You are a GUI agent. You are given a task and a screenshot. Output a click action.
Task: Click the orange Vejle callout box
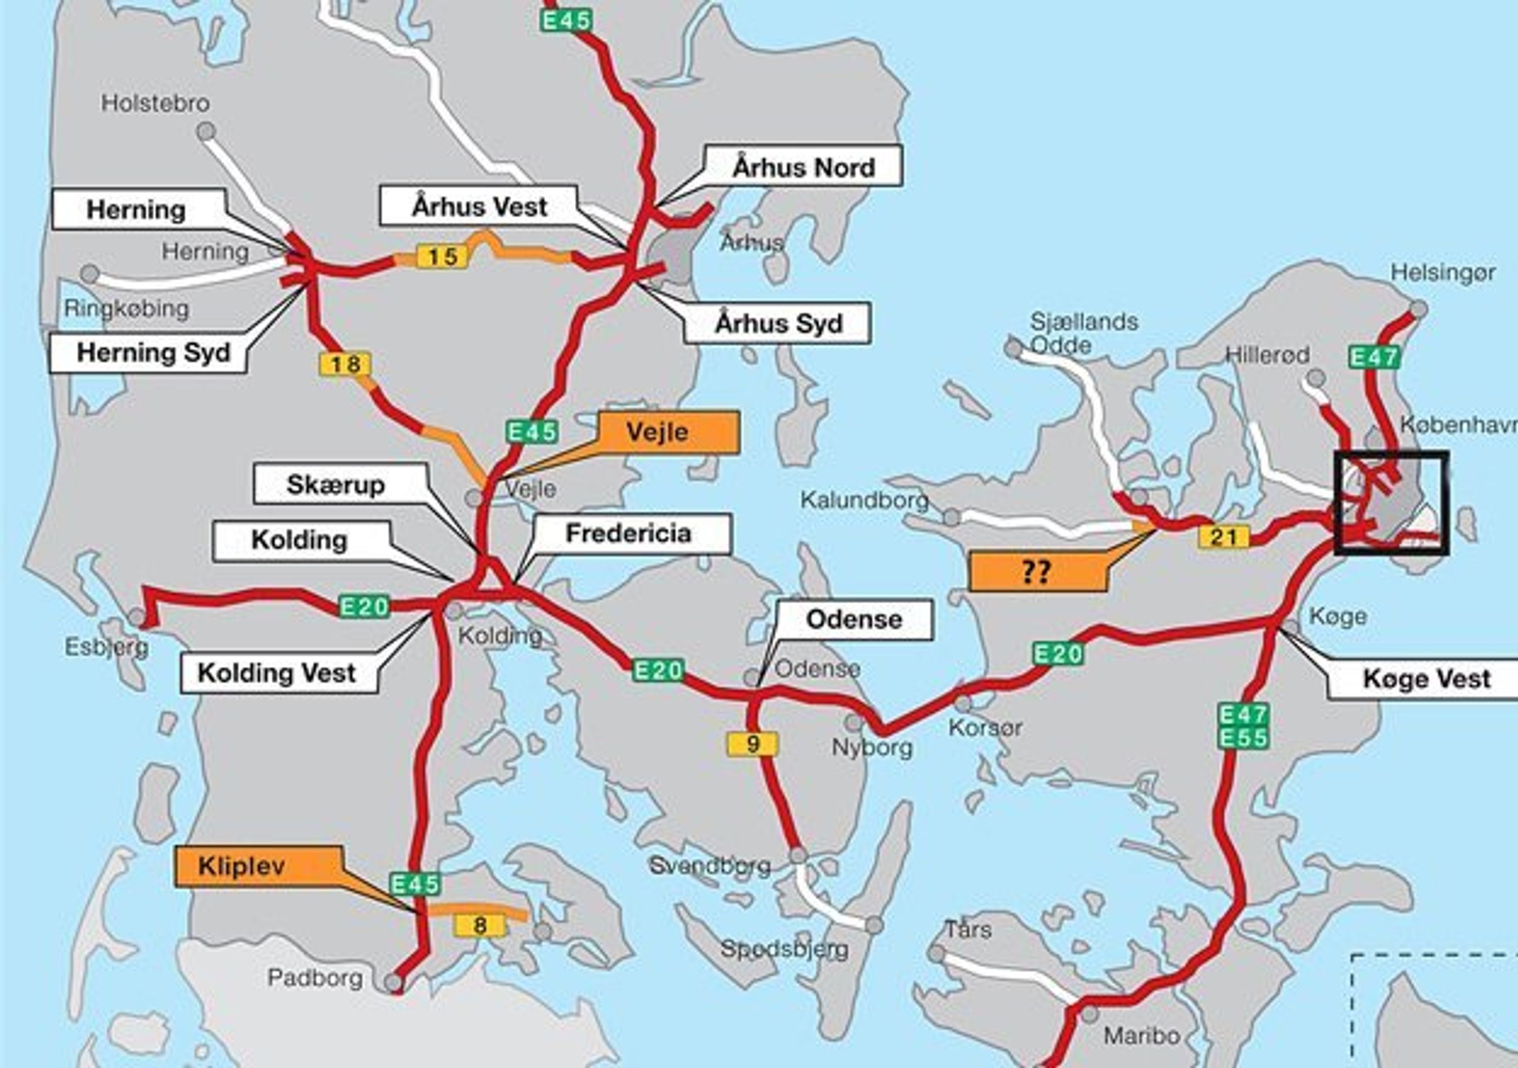coord(668,432)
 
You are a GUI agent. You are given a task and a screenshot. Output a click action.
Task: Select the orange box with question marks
coord(1036,572)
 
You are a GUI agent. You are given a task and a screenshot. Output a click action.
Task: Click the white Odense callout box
coord(854,620)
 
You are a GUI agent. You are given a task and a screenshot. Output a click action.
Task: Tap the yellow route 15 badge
coord(441,256)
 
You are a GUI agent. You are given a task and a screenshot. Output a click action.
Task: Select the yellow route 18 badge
coord(345,364)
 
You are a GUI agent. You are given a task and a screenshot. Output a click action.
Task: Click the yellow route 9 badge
coord(752,744)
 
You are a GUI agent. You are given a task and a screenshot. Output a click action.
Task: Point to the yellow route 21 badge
coord(1223,537)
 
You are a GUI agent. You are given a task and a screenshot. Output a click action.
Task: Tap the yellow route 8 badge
coord(480,925)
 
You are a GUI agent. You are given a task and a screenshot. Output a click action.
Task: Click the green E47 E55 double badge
coord(1244,726)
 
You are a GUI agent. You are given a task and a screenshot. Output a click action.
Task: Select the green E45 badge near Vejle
coord(532,432)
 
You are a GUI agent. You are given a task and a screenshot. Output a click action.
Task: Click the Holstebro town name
coord(155,103)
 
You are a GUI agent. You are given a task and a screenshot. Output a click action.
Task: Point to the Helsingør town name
coord(1443,272)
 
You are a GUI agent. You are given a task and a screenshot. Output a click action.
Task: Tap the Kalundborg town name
coord(864,500)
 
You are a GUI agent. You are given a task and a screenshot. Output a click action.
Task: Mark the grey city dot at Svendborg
coord(798,855)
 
